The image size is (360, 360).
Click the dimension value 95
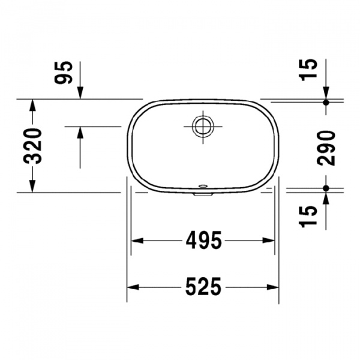pos(66,73)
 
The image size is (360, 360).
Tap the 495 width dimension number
pos(202,241)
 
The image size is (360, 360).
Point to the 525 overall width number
pos(202,287)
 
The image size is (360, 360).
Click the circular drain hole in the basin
pos(202,125)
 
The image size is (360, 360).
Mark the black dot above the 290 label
pos(326,103)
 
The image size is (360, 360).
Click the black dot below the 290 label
pos(326,188)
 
